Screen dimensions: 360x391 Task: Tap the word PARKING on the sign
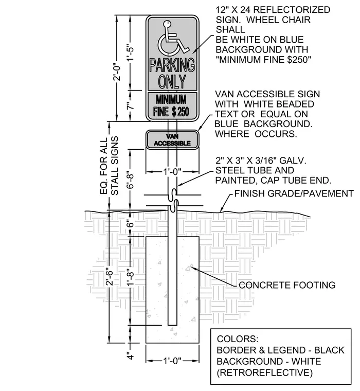pyautogui.click(x=172, y=65)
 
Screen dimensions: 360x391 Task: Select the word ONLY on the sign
pyautogui.click(x=172, y=81)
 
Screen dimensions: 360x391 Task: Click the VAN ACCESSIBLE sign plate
pyautogui.click(x=172, y=139)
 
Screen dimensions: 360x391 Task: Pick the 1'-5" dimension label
pyautogui.click(x=131, y=52)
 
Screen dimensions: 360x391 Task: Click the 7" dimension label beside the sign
pyautogui.click(x=131, y=106)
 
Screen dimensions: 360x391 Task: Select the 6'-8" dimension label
pyautogui.click(x=131, y=180)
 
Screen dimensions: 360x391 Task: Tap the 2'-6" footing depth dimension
pyautogui.click(x=109, y=277)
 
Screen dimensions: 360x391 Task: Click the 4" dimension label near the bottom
pyautogui.click(x=131, y=356)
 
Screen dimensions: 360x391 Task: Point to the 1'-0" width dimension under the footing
pyautogui.click(x=172, y=361)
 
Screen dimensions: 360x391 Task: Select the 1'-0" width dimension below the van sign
pyautogui.click(x=172, y=171)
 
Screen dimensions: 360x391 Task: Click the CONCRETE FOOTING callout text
pyautogui.click(x=287, y=285)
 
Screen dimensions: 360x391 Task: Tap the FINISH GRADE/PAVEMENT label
pyautogui.click(x=294, y=193)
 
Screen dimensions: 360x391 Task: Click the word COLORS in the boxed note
pyautogui.click(x=238, y=339)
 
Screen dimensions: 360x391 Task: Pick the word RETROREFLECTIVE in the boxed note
pyautogui.click(x=265, y=372)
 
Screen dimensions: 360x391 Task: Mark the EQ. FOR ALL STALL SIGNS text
pyautogui.click(x=109, y=166)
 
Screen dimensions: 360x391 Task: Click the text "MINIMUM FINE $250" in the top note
pyautogui.click(x=263, y=60)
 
